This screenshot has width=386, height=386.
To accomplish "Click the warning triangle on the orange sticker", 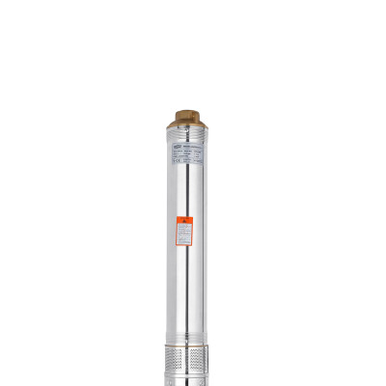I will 183,220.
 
